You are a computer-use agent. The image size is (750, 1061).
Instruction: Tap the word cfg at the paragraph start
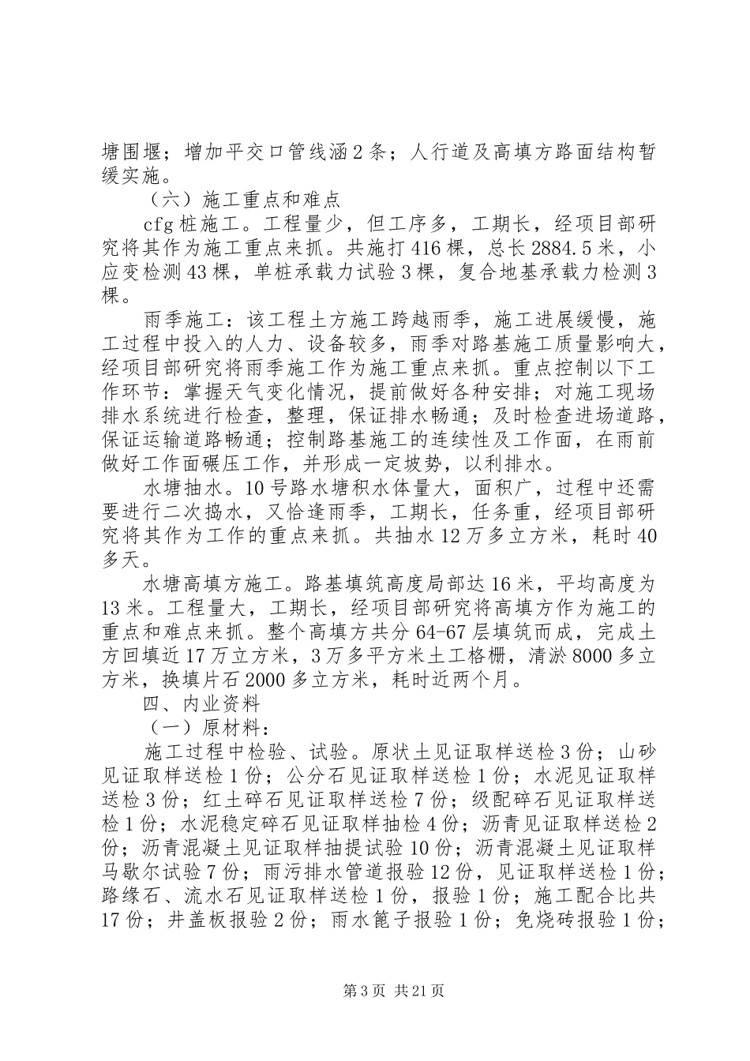[162, 223]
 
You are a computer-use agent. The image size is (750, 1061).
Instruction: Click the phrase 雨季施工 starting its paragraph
[179, 321]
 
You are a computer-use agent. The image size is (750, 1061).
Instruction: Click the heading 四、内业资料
[201, 704]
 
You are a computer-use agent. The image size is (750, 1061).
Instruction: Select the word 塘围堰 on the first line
[129, 151]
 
